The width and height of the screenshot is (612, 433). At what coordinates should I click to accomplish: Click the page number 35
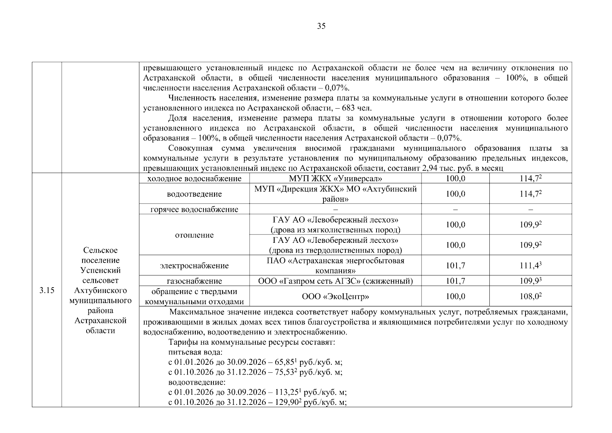[x=321, y=26]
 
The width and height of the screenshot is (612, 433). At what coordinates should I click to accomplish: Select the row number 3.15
[x=47, y=290]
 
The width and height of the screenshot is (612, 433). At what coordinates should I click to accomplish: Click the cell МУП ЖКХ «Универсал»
[x=335, y=178]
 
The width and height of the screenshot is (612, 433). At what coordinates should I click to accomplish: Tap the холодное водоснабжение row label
[x=194, y=178]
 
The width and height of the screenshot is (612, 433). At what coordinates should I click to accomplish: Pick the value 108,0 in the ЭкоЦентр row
[x=530, y=296]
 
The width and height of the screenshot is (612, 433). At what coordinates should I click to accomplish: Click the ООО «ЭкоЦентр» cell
[x=335, y=296]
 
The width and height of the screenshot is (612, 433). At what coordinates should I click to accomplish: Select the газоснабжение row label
[x=194, y=281]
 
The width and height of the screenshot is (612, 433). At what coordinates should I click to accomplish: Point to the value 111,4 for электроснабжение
[x=530, y=266]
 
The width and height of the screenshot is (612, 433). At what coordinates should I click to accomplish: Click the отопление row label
[x=194, y=235]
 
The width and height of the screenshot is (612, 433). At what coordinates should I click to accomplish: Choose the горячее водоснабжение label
[x=194, y=209]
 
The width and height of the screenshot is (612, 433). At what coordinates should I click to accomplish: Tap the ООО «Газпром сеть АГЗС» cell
[x=335, y=281]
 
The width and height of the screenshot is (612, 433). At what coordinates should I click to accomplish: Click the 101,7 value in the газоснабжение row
[x=455, y=281]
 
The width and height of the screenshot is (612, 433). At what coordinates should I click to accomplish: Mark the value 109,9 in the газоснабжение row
[x=530, y=281]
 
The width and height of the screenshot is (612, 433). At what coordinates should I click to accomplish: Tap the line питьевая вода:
[x=195, y=352]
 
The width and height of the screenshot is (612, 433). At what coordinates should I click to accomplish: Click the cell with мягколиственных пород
[x=335, y=225]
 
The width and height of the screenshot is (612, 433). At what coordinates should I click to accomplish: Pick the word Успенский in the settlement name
[x=100, y=270]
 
